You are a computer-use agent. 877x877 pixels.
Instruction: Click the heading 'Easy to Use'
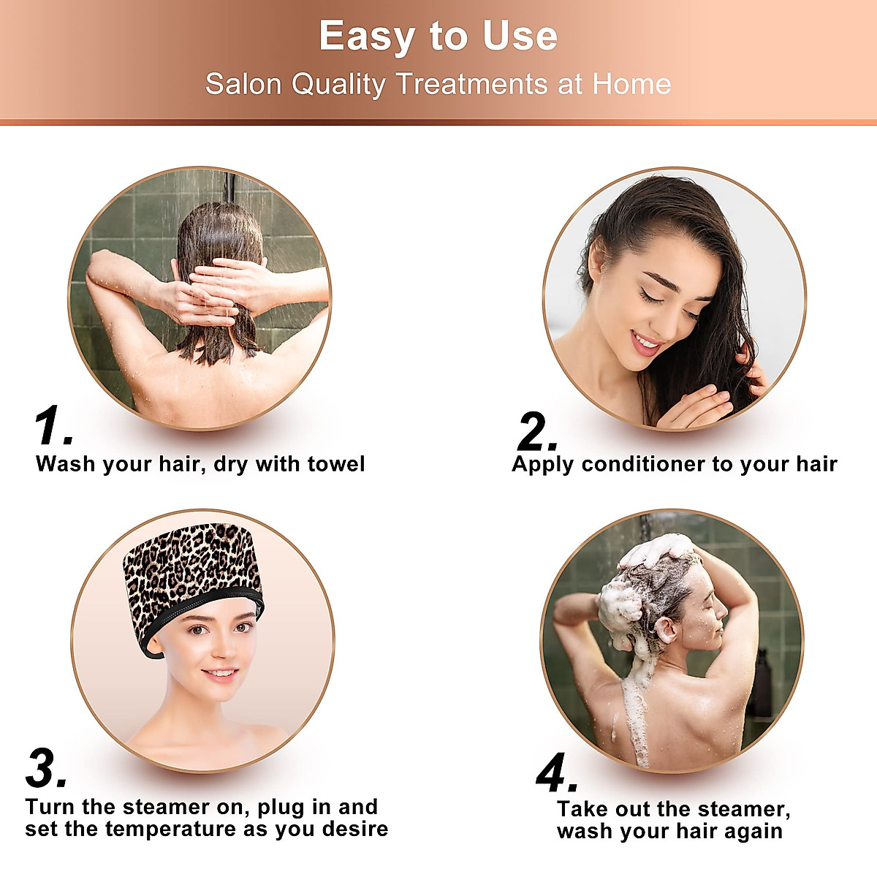(438, 37)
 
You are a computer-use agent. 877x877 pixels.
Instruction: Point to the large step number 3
(45, 769)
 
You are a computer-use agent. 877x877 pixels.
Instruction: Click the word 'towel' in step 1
(335, 464)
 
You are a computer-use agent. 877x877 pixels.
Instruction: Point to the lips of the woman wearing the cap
(219, 674)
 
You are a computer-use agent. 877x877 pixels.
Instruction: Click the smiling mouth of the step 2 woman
(645, 342)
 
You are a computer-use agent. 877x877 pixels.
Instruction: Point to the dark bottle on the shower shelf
(762, 683)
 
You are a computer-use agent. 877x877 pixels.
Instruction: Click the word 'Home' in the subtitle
(631, 84)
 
